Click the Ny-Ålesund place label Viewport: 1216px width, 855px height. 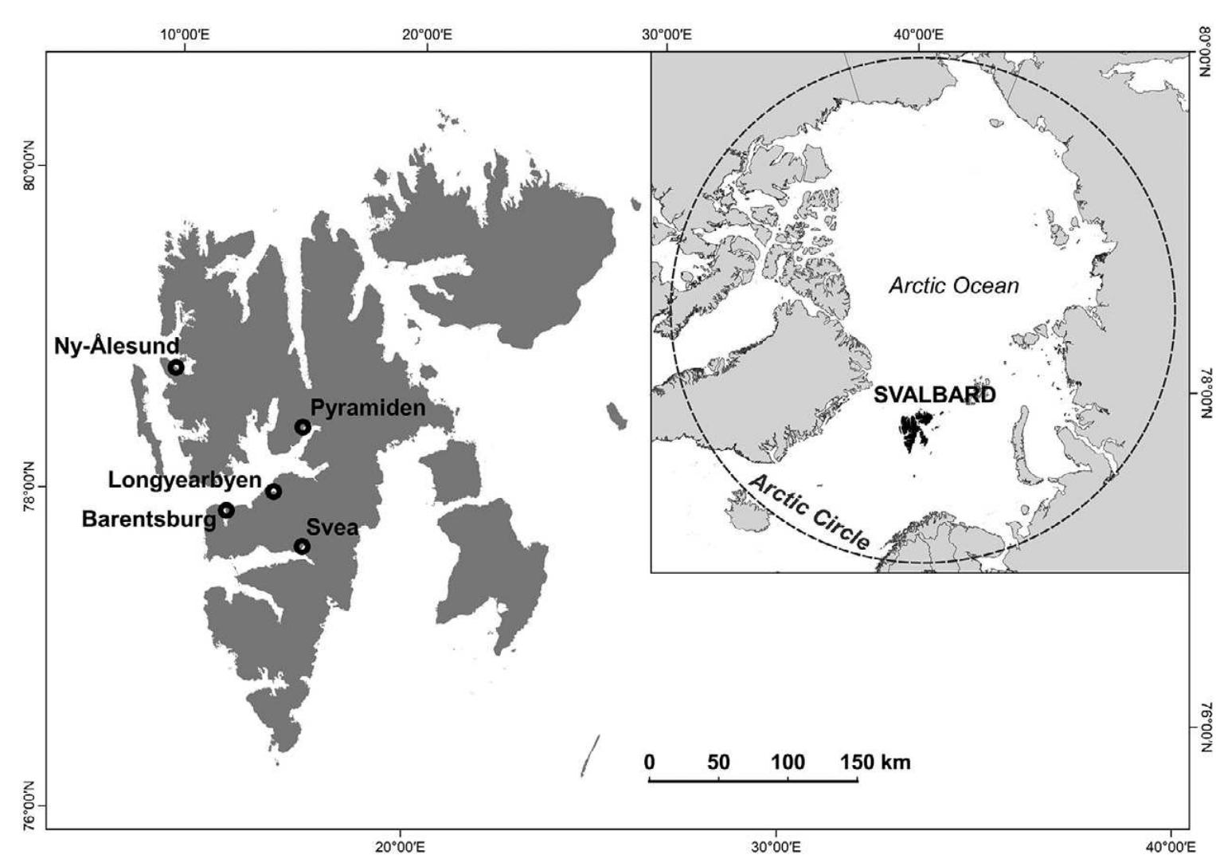(116, 346)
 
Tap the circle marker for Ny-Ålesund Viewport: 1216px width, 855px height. (176, 367)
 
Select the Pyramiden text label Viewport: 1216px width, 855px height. (367, 408)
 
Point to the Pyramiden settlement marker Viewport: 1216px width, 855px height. (303, 427)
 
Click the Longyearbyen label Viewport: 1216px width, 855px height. (185, 480)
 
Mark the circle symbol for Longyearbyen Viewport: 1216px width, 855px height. (273, 491)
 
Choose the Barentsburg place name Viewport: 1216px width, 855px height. (149, 520)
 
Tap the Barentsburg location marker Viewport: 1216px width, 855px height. (226, 510)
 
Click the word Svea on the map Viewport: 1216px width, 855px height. (332, 528)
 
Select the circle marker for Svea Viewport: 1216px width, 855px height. (302, 546)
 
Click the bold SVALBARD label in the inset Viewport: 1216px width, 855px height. (934, 395)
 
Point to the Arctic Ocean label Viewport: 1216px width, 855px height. (953, 285)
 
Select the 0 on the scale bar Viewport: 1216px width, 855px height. (650, 763)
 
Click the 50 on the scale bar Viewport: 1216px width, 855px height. (718, 763)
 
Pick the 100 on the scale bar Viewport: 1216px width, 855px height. (788, 763)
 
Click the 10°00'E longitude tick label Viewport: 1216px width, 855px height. (185, 34)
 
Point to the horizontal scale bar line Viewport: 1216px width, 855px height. (753, 779)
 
